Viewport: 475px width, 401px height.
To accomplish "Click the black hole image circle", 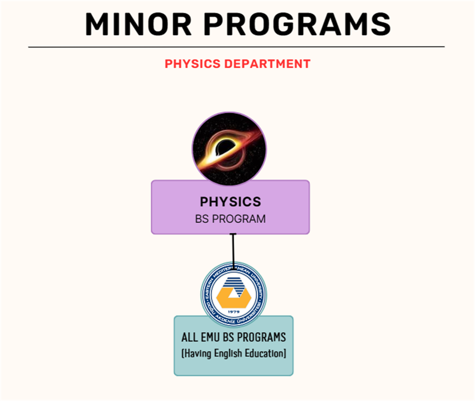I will click(x=229, y=148).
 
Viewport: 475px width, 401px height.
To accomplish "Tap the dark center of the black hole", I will click(x=225, y=148).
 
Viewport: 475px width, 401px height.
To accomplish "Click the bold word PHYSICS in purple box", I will click(x=230, y=201).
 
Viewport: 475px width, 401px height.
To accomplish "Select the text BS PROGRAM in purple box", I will click(x=230, y=219).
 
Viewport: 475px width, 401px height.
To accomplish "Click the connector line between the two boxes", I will click(x=233, y=249).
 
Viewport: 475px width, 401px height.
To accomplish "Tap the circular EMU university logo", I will click(x=234, y=295).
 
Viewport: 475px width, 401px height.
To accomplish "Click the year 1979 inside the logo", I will click(x=234, y=312).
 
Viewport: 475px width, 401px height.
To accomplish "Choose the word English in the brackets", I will click(x=228, y=353).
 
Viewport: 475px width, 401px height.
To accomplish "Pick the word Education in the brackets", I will click(x=264, y=353).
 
